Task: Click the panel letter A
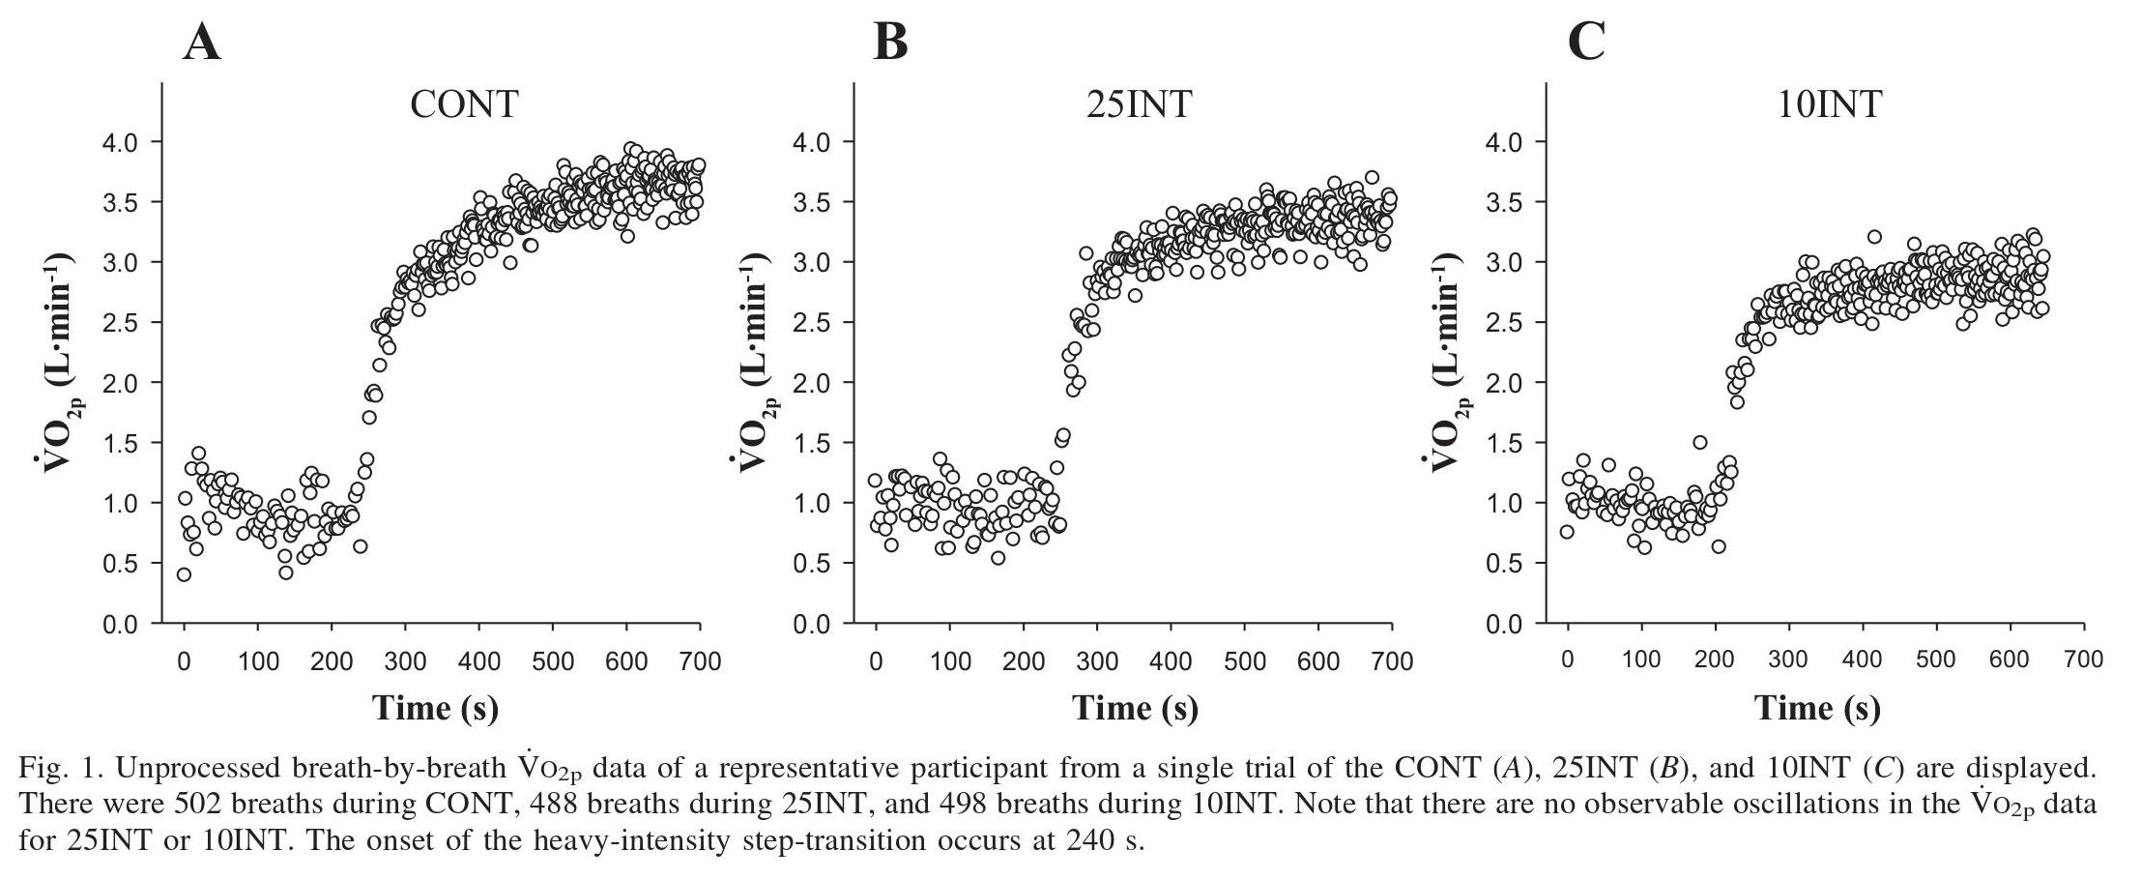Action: (202, 43)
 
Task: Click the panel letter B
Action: (890, 43)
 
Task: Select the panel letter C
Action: (1586, 43)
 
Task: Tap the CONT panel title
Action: (464, 103)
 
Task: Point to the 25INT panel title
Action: (1140, 103)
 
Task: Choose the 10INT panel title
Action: (1830, 103)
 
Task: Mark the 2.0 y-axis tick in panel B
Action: (812, 383)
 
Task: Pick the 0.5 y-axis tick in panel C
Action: (1504, 563)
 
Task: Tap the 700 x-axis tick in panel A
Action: (700, 661)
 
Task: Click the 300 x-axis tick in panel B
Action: (1097, 661)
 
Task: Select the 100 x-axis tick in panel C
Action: (1641, 661)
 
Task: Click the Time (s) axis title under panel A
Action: (436, 709)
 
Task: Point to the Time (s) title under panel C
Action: (1817, 709)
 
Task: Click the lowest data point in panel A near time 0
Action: (184, 574)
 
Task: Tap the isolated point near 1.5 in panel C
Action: (1699, 442)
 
